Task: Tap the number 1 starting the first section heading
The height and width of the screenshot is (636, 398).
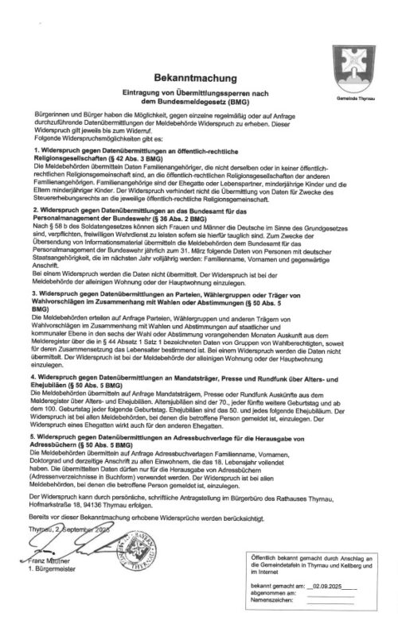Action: tap(37, 150)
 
